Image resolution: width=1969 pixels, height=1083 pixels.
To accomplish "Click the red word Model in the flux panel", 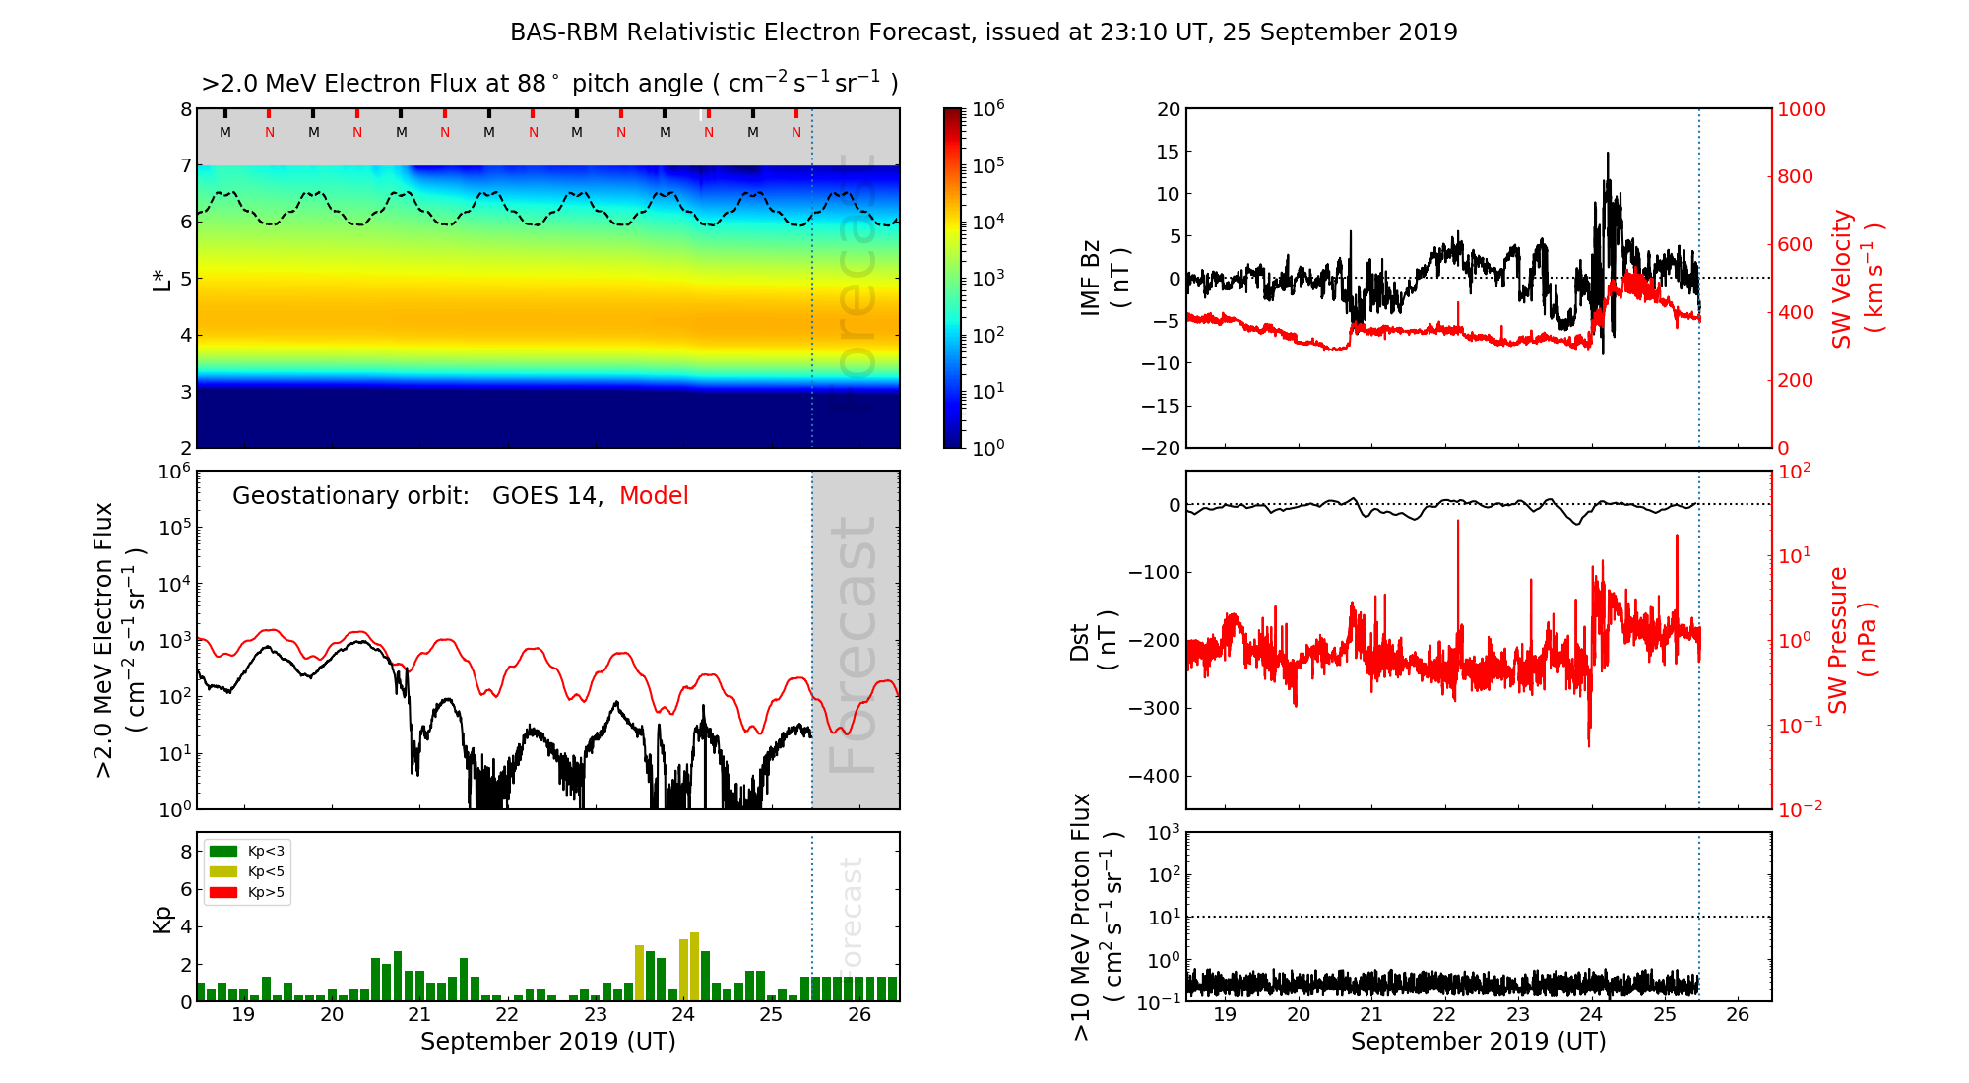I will coord(654,496).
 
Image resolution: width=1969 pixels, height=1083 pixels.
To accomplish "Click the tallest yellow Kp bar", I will coord(695,965).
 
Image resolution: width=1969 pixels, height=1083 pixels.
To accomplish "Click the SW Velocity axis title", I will coord(1856,278).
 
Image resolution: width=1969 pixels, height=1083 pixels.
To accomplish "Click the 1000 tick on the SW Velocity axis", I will coord(1801,109).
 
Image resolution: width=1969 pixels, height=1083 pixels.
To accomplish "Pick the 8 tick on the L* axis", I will coord(185,109).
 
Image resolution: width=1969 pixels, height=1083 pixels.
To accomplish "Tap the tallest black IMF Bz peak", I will coord(1608,155).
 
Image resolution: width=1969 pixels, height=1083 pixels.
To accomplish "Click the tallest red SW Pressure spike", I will coord(1458,522).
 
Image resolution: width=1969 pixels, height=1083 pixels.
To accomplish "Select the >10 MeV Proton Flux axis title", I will coord(1096,917).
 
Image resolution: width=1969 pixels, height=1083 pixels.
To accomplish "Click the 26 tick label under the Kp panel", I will coord(858,1015).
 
